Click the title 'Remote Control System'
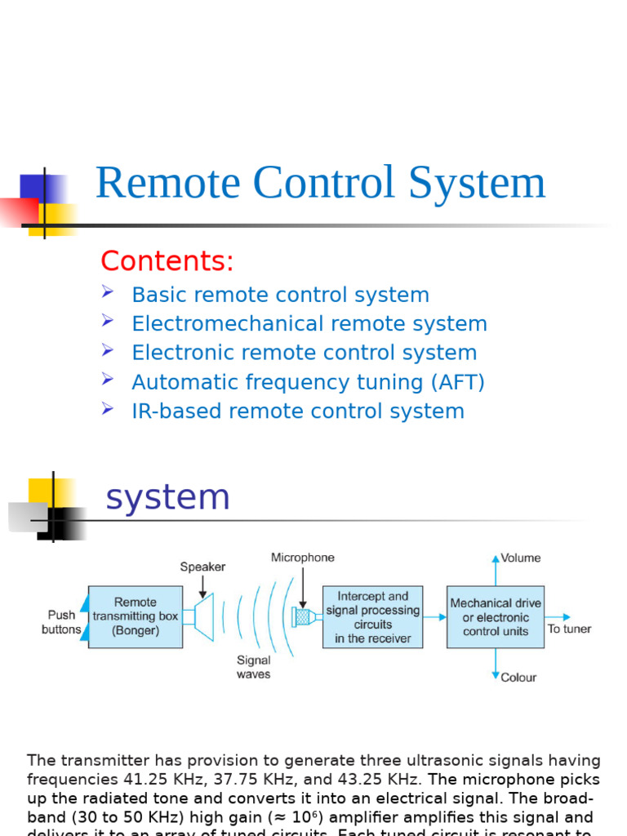click(320, 183)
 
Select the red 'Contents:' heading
click(167, 261)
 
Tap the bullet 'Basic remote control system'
click(280, 295)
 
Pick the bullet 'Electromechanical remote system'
click(309, 324)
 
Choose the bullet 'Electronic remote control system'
click(304, 354)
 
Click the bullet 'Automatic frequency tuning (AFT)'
click(308, 382)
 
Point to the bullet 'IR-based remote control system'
click(298, 411)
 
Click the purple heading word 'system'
click(168, 498)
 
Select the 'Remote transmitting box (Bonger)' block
click(136, 616)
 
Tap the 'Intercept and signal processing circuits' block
click(372, 617)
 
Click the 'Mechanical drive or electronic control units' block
click(496, 617)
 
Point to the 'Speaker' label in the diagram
click(202, 567)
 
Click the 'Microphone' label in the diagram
click(303, 558)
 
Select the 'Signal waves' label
click(253, 667)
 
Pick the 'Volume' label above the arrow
click(521, 558)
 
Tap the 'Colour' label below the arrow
click(519, 677)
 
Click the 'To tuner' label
click(569, 629)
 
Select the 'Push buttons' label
click(61, 622)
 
